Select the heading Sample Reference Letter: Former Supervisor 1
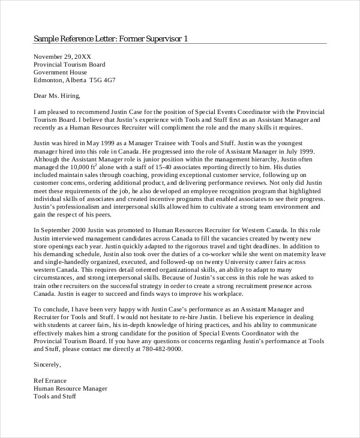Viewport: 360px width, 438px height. [111, 39]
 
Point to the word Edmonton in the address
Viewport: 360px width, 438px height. [49, 79]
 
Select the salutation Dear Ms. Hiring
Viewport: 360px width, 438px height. [56, 95]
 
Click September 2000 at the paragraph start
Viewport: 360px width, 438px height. [68, 229]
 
